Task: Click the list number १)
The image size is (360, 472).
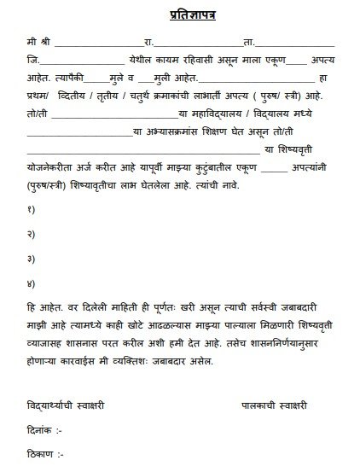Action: [30, 209]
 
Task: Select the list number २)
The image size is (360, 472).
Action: [30, 233]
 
